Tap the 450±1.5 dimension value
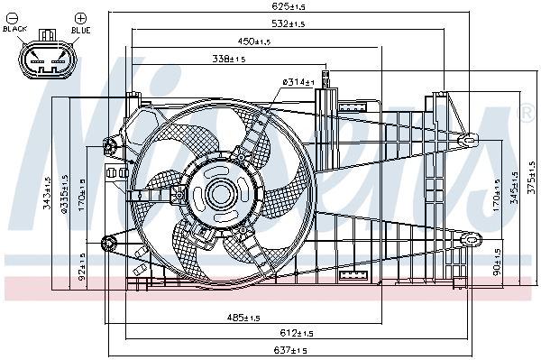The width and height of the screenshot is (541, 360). tap(254, 42)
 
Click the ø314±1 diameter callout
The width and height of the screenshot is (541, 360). tap(298, 82)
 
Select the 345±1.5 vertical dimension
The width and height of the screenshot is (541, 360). tap(514, 188)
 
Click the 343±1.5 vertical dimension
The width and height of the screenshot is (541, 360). tap(47, 191)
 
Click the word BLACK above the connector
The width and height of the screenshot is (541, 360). tap(15, 29)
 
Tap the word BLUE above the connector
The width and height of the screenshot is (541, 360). tap(79, 29)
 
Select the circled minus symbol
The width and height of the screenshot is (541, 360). tap(14, 17)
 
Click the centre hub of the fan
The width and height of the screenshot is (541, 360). tap(220, 193)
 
